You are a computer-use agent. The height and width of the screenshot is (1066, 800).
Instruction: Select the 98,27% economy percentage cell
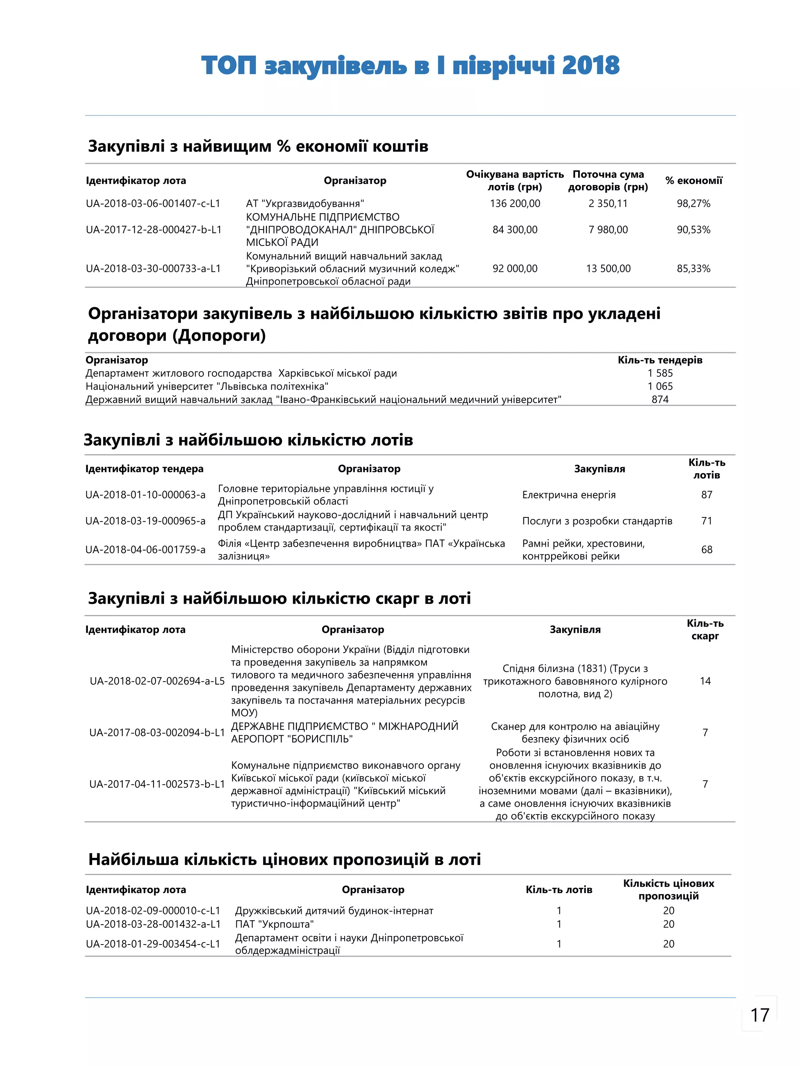point(693,203)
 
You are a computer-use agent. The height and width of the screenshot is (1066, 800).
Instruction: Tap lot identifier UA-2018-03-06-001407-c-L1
point(153,203)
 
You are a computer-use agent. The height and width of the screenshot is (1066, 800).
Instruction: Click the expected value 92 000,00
point(514,268)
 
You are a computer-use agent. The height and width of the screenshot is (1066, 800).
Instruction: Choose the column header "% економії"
point(693,181)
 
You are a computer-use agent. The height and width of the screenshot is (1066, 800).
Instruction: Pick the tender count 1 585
point(660,373)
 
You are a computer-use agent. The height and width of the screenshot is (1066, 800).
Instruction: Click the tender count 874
point(660,399)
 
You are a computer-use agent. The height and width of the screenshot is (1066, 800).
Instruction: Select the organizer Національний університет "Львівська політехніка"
point(207,386)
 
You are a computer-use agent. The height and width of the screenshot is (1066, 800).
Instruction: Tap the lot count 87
point(707,494)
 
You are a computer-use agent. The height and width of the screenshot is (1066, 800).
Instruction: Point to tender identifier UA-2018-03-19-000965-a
point(145,521)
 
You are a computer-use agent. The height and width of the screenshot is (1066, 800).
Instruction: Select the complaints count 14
point(705,681)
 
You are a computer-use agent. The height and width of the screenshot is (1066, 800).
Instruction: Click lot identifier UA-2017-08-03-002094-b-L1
point(157,733)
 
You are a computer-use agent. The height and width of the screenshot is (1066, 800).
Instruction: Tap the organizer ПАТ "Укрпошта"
point(274,924)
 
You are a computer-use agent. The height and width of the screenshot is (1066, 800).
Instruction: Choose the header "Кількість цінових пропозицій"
point(668,890)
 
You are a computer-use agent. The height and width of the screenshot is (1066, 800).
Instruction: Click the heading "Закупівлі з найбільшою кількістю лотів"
point(248,440)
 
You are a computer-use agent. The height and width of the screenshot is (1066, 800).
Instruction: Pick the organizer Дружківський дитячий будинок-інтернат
point(334,910)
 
